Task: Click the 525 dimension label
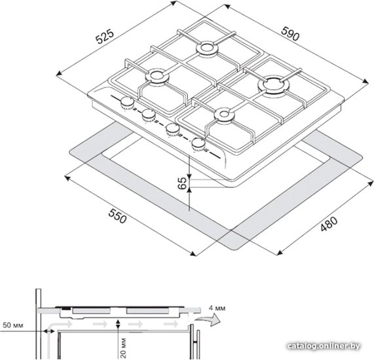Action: click(105, 37)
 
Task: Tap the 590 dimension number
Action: click(290, 33)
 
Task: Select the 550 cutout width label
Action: click(117, 216)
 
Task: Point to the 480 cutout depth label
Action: click(329, 224)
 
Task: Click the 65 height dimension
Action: click(183, 183)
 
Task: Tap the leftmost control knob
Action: click(127, 103)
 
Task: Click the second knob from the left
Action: click(149, 115)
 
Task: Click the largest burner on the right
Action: click(273, 85)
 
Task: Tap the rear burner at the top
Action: click(207, 49)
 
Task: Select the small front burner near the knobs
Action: click(224, 115)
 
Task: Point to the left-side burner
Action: click(157, 76)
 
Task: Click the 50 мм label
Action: click(13, 325)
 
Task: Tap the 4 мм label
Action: click(217, 308)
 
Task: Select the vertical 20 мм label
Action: click(123, 348)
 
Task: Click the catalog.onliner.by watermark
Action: click(324, 346)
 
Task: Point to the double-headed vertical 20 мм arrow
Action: click(118, 324)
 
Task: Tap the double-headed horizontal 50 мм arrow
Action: click(49, 331)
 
